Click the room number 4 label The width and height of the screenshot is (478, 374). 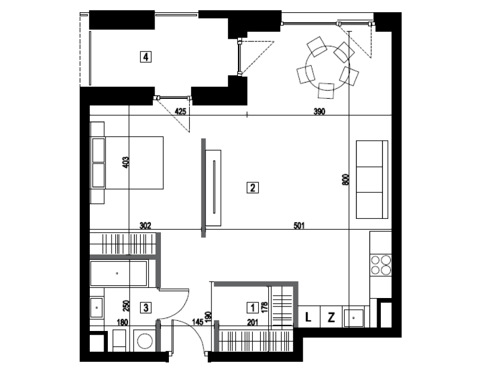click(146, 57)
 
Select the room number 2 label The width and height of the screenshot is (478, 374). click(252, 188)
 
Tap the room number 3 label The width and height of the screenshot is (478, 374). click(146, 308)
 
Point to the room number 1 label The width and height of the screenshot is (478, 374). click(252, 308)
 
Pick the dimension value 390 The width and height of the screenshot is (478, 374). click(320, 111)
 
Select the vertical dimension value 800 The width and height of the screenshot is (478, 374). click(345, 180)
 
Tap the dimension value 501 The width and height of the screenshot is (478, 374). click(299, 226)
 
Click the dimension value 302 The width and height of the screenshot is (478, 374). click(145, 226)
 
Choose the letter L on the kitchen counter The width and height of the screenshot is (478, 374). click(308, 318)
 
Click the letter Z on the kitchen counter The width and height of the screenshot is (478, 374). click(331, 318)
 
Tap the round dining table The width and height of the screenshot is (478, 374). click(328, 67)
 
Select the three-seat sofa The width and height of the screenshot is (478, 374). click(372, 180)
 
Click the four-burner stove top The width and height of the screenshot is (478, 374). click(381, 265)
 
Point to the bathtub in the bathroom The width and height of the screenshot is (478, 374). click(119, 274)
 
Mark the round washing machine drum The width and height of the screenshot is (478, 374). click(145, 341)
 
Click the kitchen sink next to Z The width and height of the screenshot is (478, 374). click(353, 318)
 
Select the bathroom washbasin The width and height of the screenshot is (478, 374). click(97, 308)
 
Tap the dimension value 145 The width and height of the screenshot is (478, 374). click(198, 322)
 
